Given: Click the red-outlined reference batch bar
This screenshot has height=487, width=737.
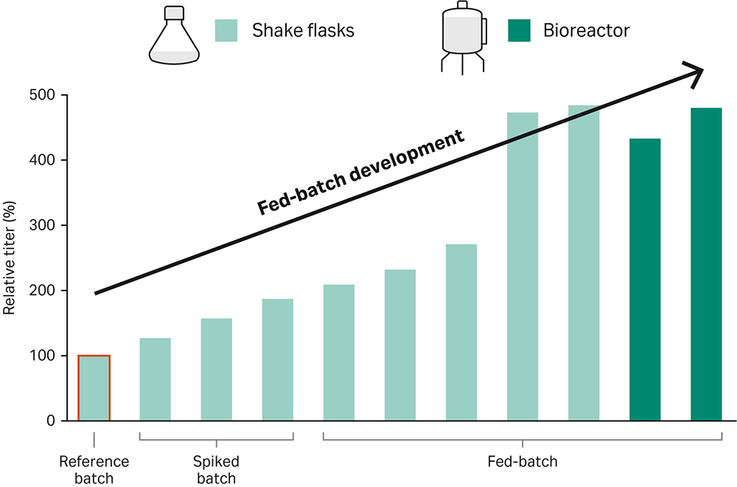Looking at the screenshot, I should point(94,388).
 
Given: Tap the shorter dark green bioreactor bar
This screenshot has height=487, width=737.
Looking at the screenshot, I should point(645,280).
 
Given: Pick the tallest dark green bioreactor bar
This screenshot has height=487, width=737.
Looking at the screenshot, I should point(706,264).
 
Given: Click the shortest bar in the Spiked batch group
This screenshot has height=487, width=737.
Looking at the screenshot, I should point(155,379).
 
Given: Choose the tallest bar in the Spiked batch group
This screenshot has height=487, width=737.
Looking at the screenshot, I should point(277,359).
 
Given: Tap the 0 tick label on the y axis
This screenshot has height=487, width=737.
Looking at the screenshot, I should point(51,421).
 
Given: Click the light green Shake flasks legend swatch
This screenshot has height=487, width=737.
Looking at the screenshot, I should point(225,30).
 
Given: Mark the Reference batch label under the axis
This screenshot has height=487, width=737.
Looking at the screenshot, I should point(94,469).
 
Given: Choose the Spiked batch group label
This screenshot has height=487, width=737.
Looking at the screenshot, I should point(216,469).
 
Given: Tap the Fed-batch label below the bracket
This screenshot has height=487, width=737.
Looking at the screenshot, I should point(523,462).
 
